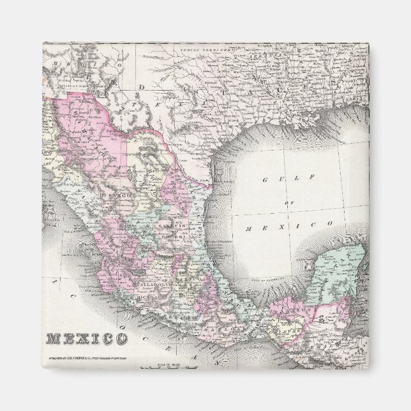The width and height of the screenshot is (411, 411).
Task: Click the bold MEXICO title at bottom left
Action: pos(86,338)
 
